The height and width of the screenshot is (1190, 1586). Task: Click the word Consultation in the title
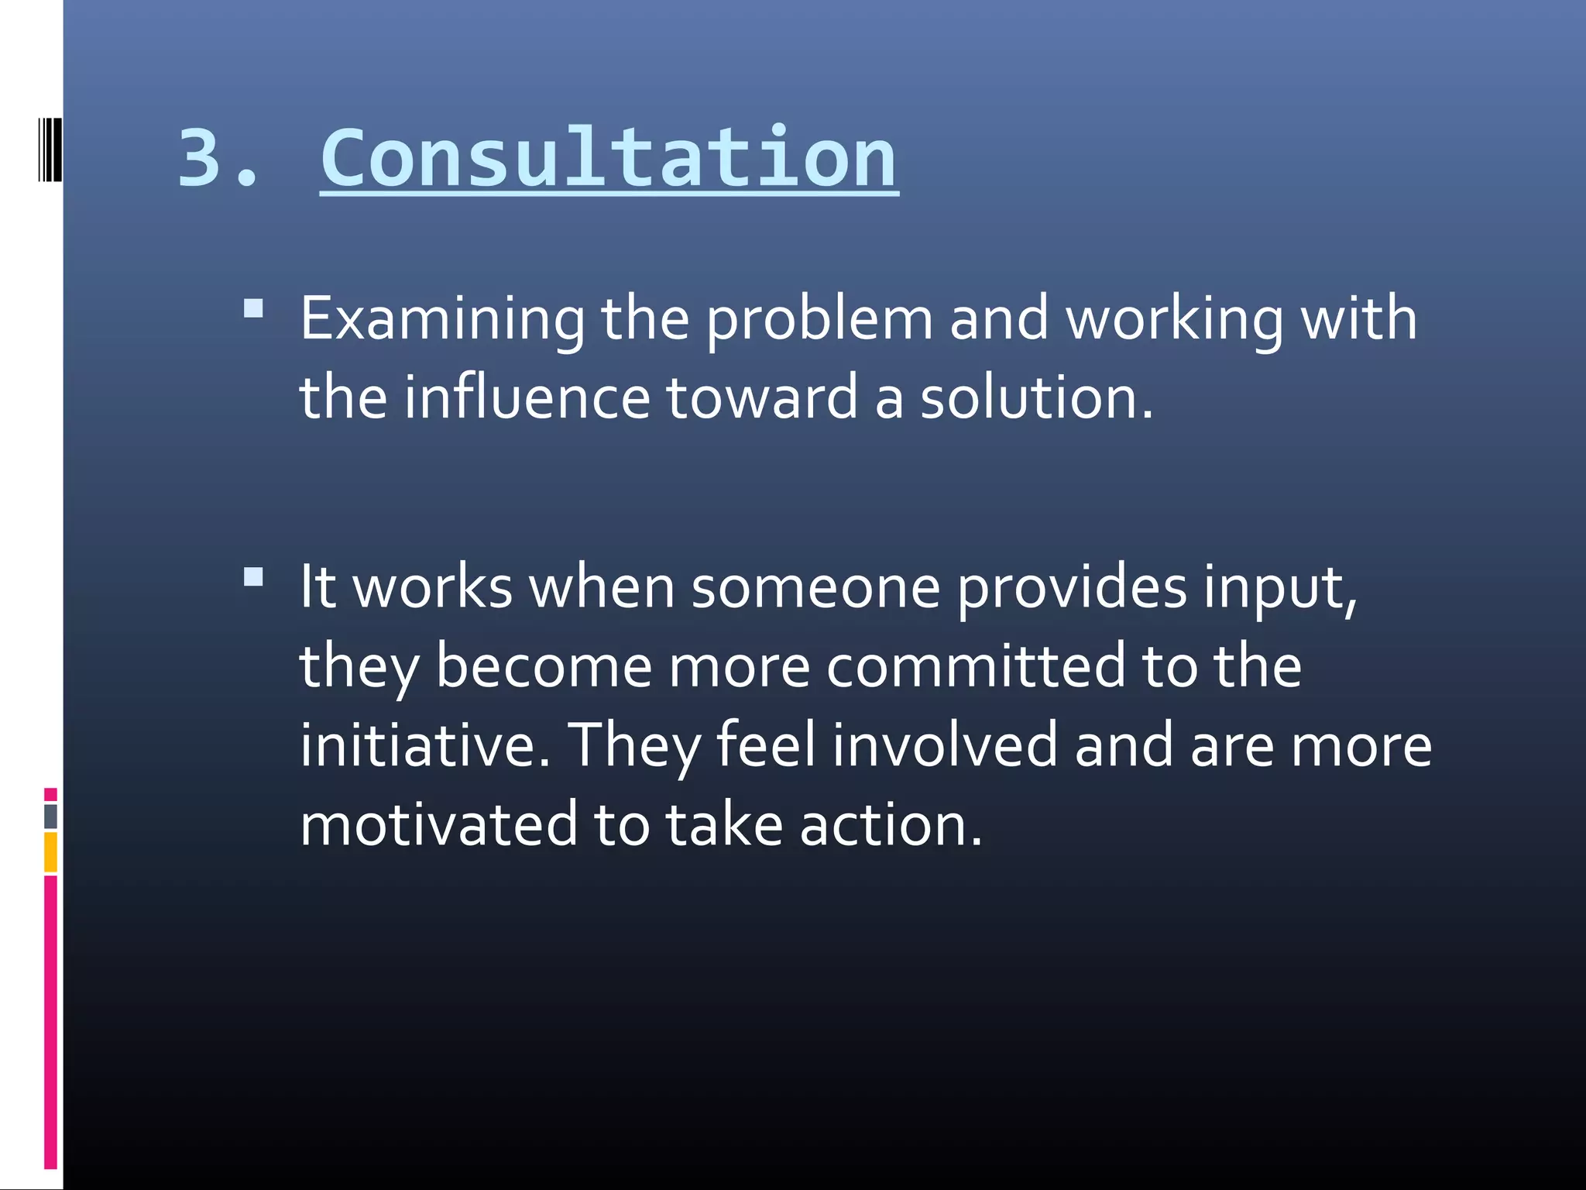click(x=609, y=158)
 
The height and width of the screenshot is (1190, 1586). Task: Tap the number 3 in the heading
click(x=200, y=158)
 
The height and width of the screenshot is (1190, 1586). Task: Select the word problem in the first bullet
click(x=819, y=318)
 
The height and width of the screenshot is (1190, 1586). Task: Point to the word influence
click(x=527, y=397)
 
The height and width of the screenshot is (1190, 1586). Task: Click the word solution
click(x=1036, y=397)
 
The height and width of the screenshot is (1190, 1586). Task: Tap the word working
click(x=1174, y=318)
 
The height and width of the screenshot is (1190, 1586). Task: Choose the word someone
click(x=815, y=586)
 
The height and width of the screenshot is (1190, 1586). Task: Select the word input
click(x=1279, y=586)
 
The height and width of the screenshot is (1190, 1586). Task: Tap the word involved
click(x=946, y=745)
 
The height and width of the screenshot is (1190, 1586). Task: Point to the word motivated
click(x=438, y=824)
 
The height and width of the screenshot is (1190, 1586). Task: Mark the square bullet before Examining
click(x=253, y=310)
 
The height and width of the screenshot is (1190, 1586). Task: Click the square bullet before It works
click(x=253, y=577)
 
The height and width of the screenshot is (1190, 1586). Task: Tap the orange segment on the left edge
click(x=50, y=852)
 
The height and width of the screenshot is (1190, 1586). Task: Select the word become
click(x=544, y=666)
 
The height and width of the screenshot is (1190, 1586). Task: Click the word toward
click(x=762, y=397)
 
